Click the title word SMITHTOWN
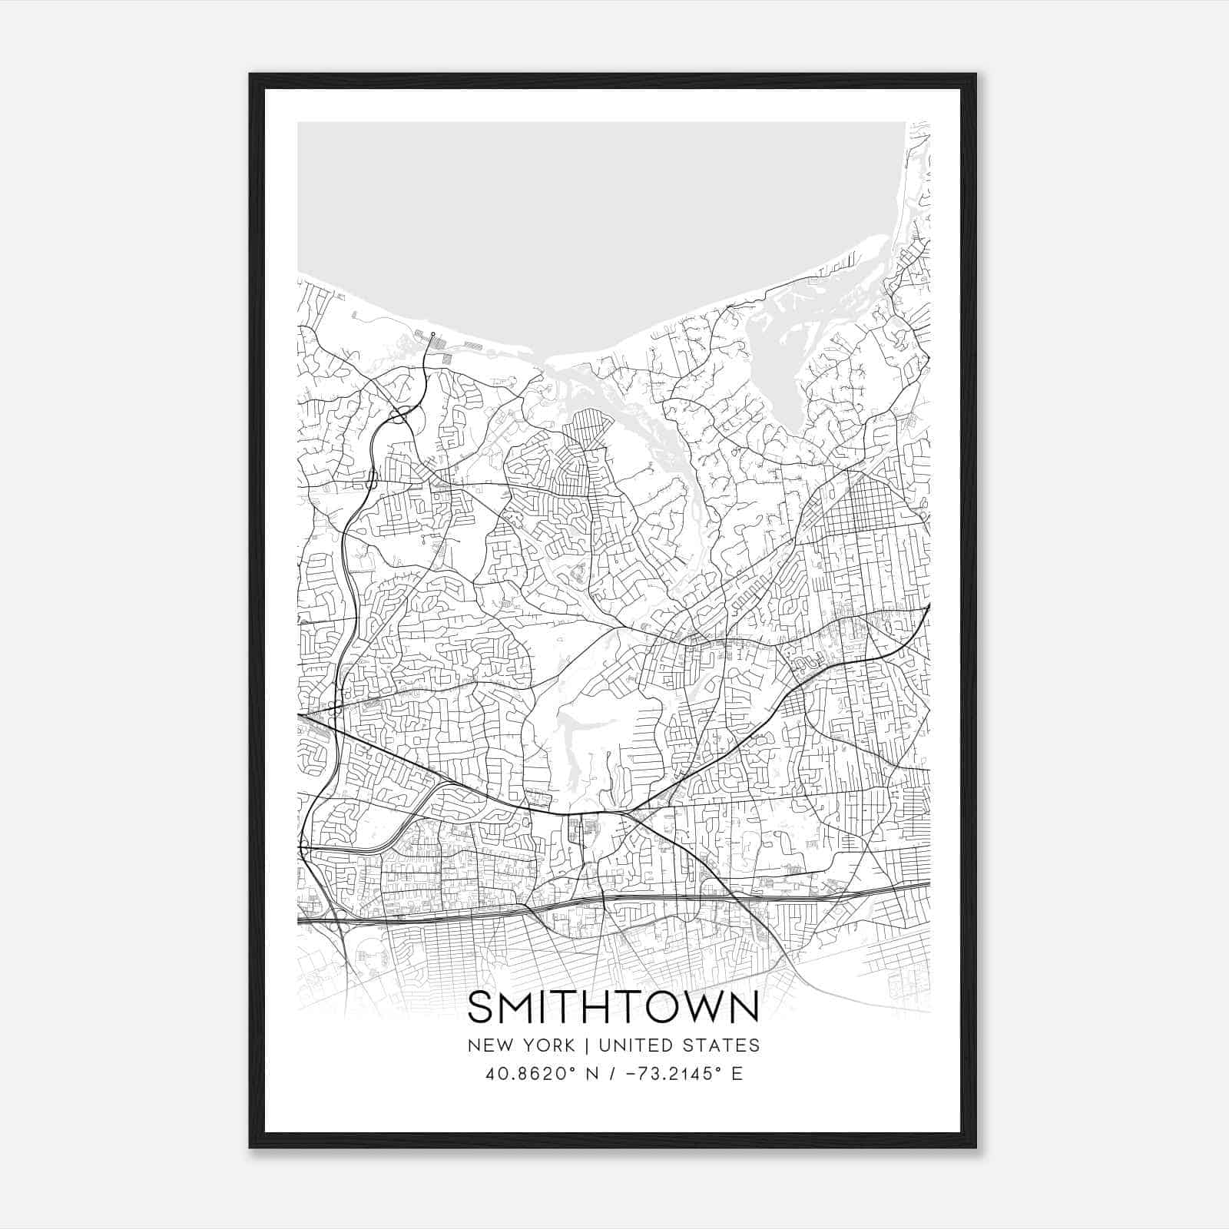[613, 1007]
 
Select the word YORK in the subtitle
[548, 1045]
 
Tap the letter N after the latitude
[591, 1074]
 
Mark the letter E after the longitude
[737, 1074]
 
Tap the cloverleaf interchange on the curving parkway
[400, 416]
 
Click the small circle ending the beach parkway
[432, 335]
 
